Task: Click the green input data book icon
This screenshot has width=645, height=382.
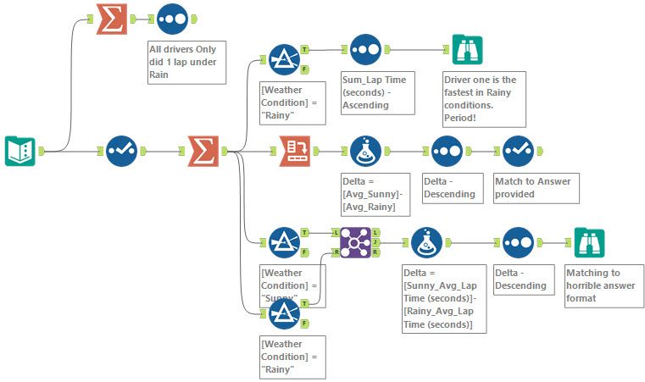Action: tap(19, 151)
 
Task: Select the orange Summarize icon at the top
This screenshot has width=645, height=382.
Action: tap(113, 19)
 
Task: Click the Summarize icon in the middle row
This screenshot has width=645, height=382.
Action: tap(203, 151)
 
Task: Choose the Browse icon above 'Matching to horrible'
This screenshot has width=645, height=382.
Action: tap(588, 242)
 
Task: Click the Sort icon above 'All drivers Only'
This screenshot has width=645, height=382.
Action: tap(172, 19)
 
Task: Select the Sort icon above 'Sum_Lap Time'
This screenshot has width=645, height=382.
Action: tap(365, 51)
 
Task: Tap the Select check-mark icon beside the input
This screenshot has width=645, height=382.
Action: tap(121, 151)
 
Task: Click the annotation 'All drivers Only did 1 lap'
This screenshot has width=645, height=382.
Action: tap(186, 62)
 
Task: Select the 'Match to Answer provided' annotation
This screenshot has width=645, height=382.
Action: tap(536, 186)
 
